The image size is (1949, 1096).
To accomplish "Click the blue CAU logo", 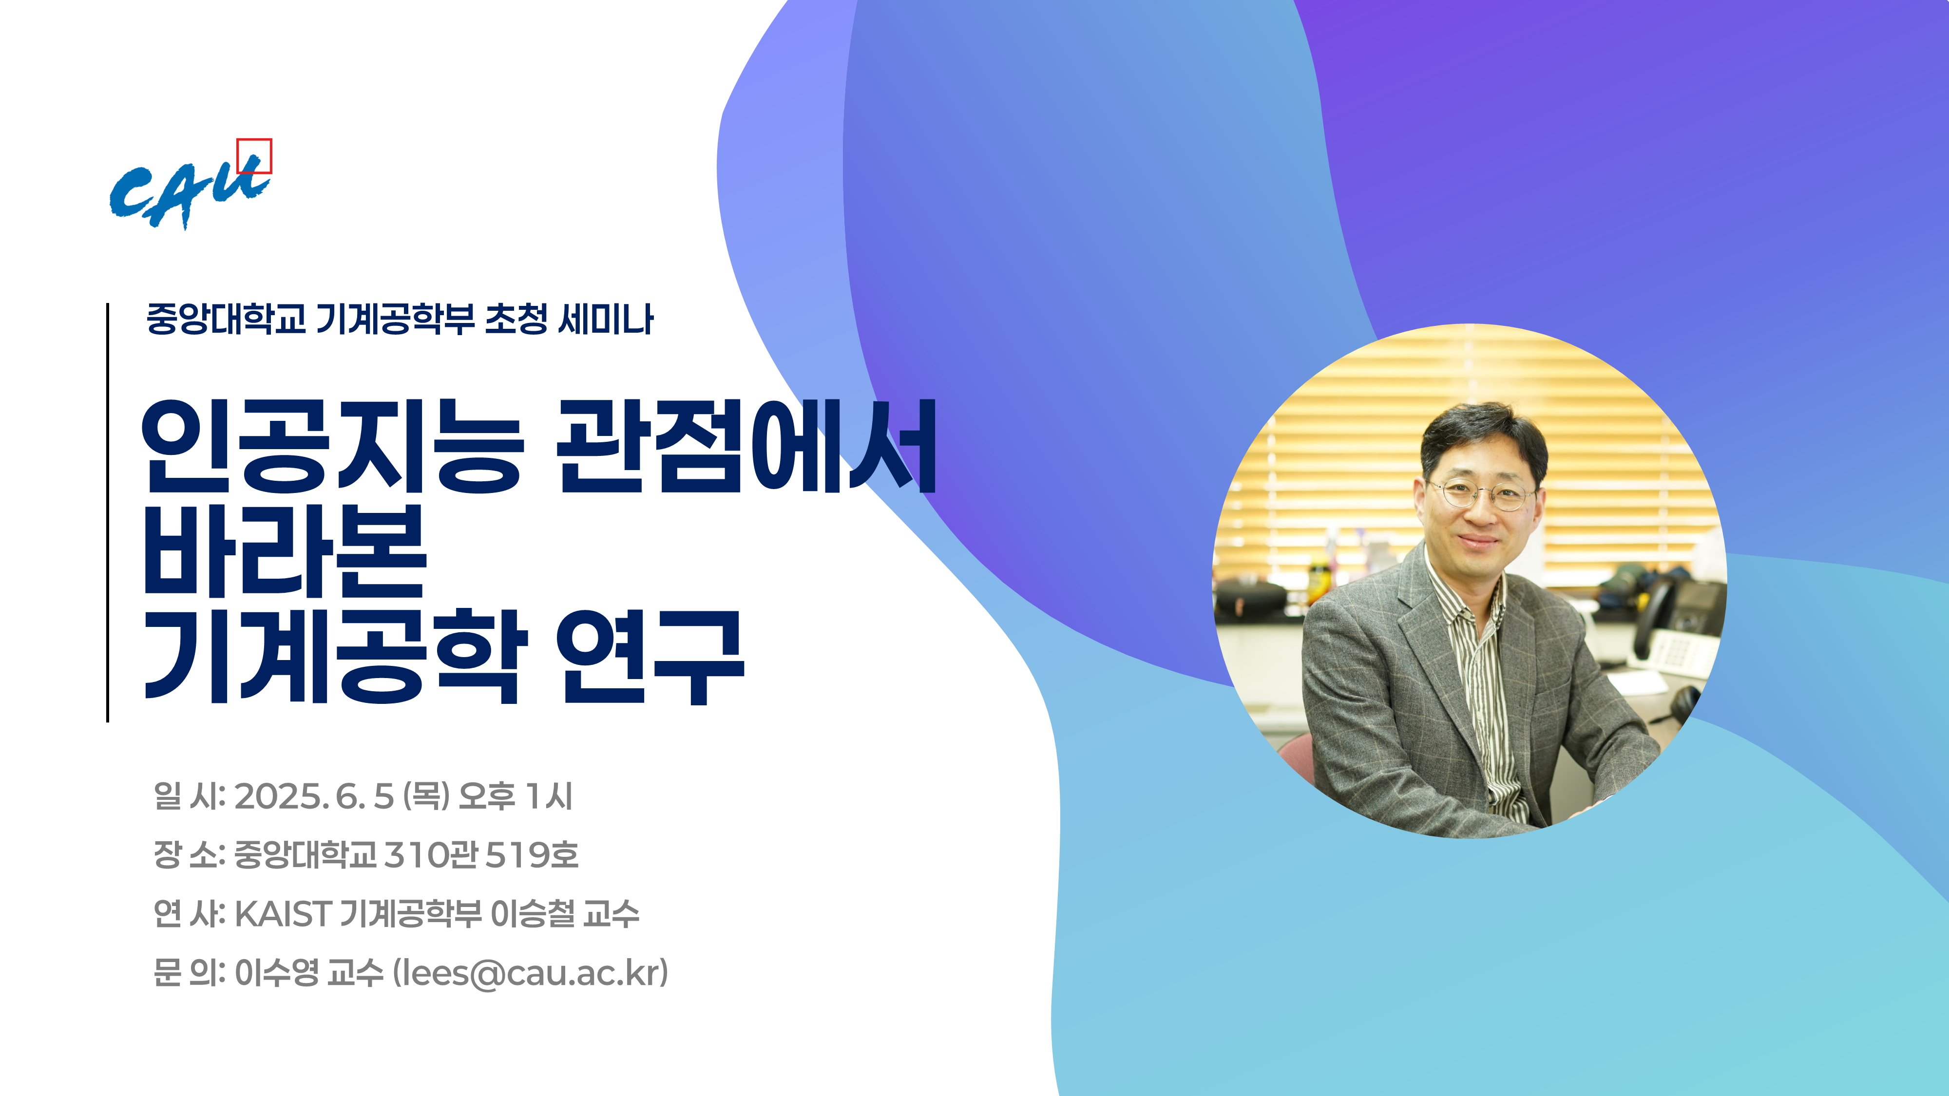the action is click(189, 193).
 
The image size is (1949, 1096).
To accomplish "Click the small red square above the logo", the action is click(254, 156).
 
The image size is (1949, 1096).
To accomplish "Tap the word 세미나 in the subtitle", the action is click(605, 319).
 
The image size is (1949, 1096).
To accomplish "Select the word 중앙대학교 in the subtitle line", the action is click(226, 319).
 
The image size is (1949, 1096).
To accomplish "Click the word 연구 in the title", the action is click(650, 657).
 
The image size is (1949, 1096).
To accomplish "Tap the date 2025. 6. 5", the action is click(314, 796).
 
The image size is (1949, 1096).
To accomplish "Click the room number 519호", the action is click(532, 855).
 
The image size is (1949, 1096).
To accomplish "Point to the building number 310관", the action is click(431, 855).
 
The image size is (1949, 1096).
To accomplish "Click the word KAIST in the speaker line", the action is click(283, 914).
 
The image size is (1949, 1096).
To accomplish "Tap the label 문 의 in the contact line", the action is click(189, 973).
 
